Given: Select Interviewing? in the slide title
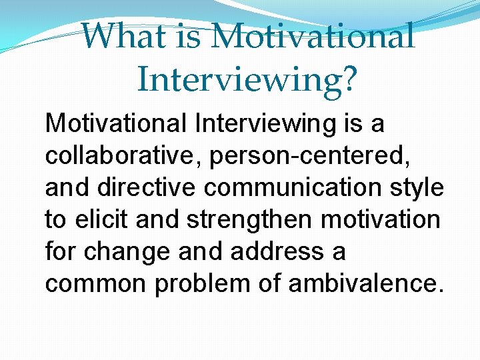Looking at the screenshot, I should (x=247, y=79).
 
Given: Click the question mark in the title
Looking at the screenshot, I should (x=348, y=79).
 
